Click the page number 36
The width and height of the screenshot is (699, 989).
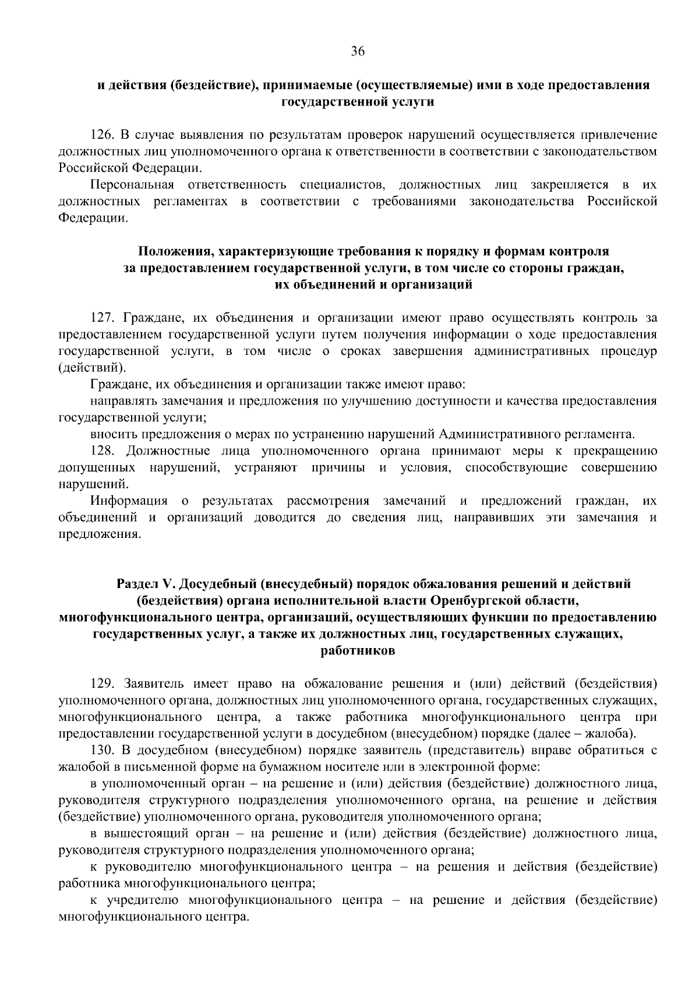tap(358, 52)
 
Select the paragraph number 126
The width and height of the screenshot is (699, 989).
tap(101, 136)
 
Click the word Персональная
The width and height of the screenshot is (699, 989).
tap(132, 185)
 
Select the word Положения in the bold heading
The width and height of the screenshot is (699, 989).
tap(168, 252)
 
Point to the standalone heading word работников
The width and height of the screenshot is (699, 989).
tap(358, 651)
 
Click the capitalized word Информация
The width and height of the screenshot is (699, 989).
tap(129, 501)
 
